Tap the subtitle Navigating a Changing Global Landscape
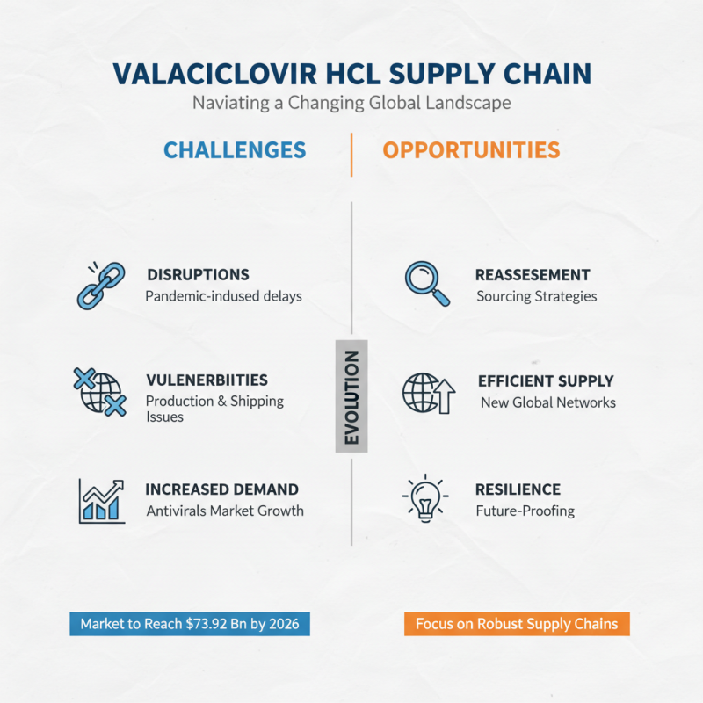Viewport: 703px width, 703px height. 351,103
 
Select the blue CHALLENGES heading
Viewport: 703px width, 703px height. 235,150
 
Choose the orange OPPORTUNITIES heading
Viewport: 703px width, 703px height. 471,150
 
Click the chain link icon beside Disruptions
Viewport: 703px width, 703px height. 99,285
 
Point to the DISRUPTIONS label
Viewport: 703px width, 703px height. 198,275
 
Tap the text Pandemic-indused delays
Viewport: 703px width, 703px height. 223,296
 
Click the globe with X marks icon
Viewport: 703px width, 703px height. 98,392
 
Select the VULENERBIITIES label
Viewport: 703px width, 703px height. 207,380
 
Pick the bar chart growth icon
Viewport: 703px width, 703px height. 101,500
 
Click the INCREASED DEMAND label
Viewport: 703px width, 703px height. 221,489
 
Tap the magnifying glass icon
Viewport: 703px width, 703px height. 427,284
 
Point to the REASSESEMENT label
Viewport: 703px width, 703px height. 533,275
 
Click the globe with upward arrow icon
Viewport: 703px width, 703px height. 428,392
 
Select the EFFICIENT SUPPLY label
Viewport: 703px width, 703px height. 546,381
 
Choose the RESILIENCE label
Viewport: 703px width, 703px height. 518,489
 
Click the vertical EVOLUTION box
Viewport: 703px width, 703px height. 351,397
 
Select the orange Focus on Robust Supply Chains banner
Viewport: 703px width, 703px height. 517,624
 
